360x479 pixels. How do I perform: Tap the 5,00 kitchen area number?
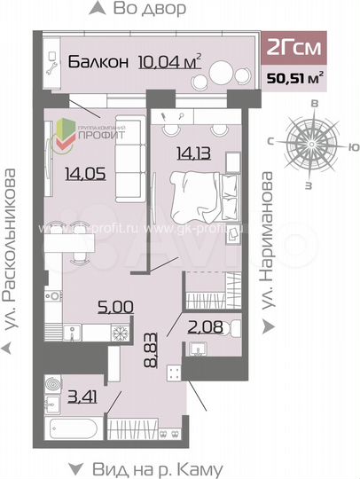pyautogui.click(x=116, y=307)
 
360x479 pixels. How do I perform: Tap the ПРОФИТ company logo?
pyautogui.click(x=91, y=134)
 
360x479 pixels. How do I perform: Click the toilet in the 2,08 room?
pyautogui.click(x=228, y=332)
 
